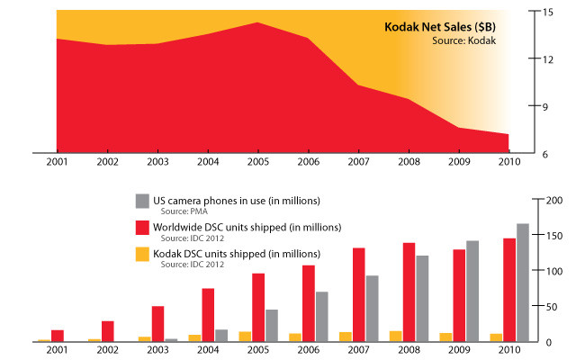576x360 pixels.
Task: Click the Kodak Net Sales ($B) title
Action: point(440,27)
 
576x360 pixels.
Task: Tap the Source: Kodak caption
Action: point(464,40)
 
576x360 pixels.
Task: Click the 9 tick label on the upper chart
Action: point(544,107)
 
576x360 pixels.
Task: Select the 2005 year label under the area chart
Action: point(258,162)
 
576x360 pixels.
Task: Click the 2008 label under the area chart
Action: point(409,162)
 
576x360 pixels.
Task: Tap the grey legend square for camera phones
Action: point(142,202)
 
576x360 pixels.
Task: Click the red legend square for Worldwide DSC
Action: point(142,228)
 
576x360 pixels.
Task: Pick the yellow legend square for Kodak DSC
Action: point(142,254)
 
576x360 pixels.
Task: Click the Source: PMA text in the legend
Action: point(184,211)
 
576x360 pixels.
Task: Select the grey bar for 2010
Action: point(523,283)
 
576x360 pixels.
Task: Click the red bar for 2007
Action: point(359,294)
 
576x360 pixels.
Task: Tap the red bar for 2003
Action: point(158,324)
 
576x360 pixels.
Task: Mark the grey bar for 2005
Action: point(272,326)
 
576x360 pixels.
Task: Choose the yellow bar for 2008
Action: point(396,337)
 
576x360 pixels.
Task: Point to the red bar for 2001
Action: point(58,336)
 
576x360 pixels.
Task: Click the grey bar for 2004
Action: point(221,336)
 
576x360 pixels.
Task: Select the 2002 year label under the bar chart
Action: point(108,350)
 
